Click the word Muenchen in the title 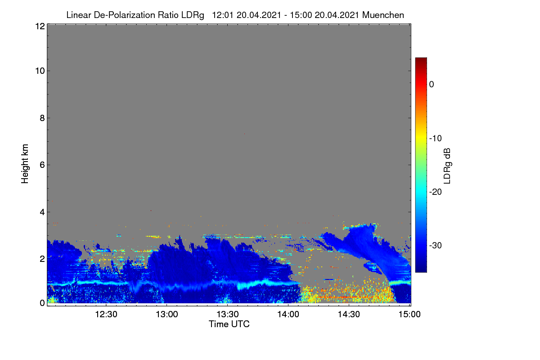point(383,15)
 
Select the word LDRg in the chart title point(193,15)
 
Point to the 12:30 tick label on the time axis point(106,315)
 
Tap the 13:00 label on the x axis point(167,315)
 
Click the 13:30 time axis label point(228,315)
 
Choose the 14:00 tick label point(288,315)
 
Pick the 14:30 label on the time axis point(349,315)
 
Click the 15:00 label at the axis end point(409,315)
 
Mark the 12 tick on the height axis point(40,26)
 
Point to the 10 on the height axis point(40,71)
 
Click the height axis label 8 point(42,118)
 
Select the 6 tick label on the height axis point(42,165)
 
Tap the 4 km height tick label point(42,212)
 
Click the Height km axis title point(25,164)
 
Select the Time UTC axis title point(229,324)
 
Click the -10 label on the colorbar point(436,139)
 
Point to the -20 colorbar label point(436,192)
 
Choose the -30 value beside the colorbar point(436,245)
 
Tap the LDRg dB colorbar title point(447,166)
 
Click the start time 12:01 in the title point(222,15)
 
